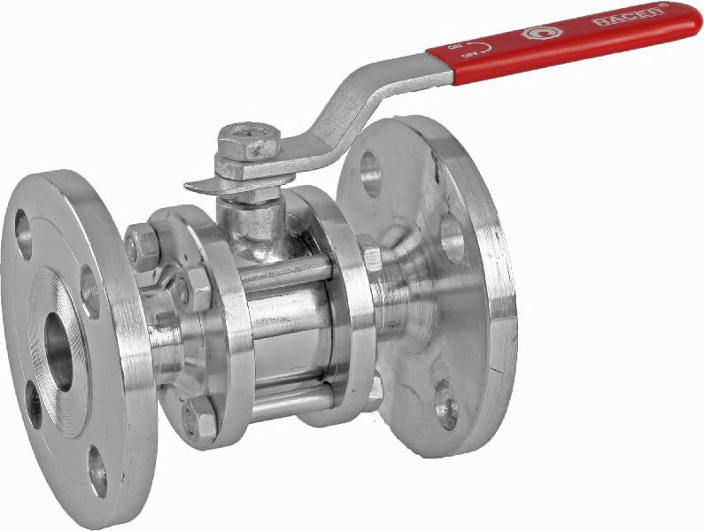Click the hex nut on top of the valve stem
(249, 141)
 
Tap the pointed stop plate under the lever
(205, 187)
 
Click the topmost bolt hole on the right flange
(371, 173)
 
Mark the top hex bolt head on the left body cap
(141, 244)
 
